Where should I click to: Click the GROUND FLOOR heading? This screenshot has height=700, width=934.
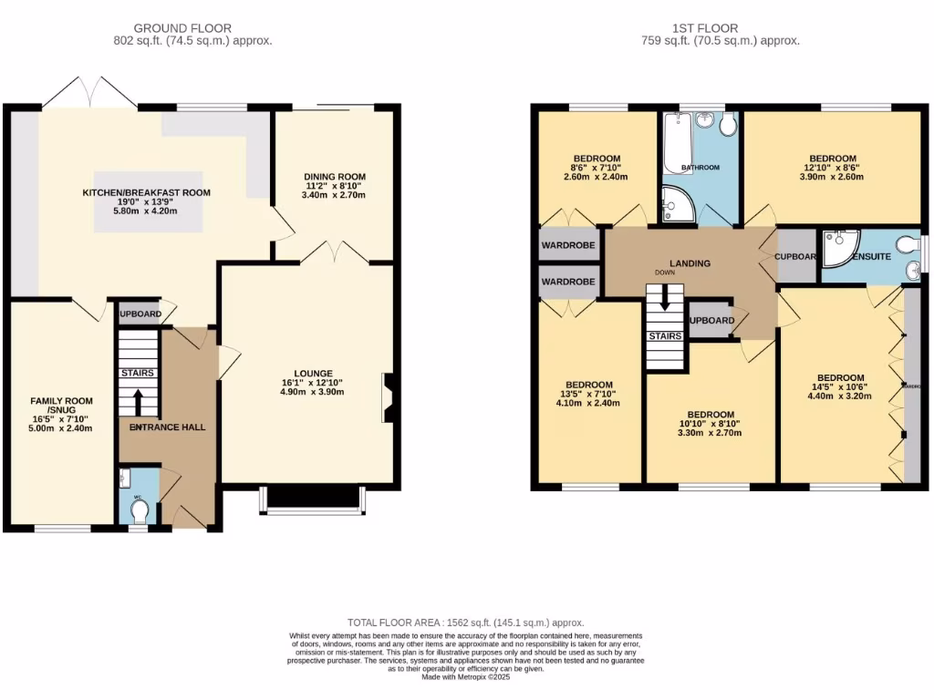[x=182, y=28]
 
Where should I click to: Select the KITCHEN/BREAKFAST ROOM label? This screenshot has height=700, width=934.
[x=146, y=192]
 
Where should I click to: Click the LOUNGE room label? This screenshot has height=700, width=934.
[x=313, y=373]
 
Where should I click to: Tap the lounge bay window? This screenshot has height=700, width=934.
[x=312, y=499]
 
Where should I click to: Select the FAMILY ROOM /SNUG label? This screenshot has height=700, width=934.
[x=62, y=407]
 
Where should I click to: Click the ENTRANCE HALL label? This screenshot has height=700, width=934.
[x=168, y=427]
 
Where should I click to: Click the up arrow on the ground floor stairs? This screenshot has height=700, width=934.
[x=138, y=402]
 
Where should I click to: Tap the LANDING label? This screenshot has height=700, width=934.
[x=690, y=263]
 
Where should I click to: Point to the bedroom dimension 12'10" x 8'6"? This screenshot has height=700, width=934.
[x=832, y=170]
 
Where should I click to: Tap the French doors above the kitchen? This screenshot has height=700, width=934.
[x=89, y=91]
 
